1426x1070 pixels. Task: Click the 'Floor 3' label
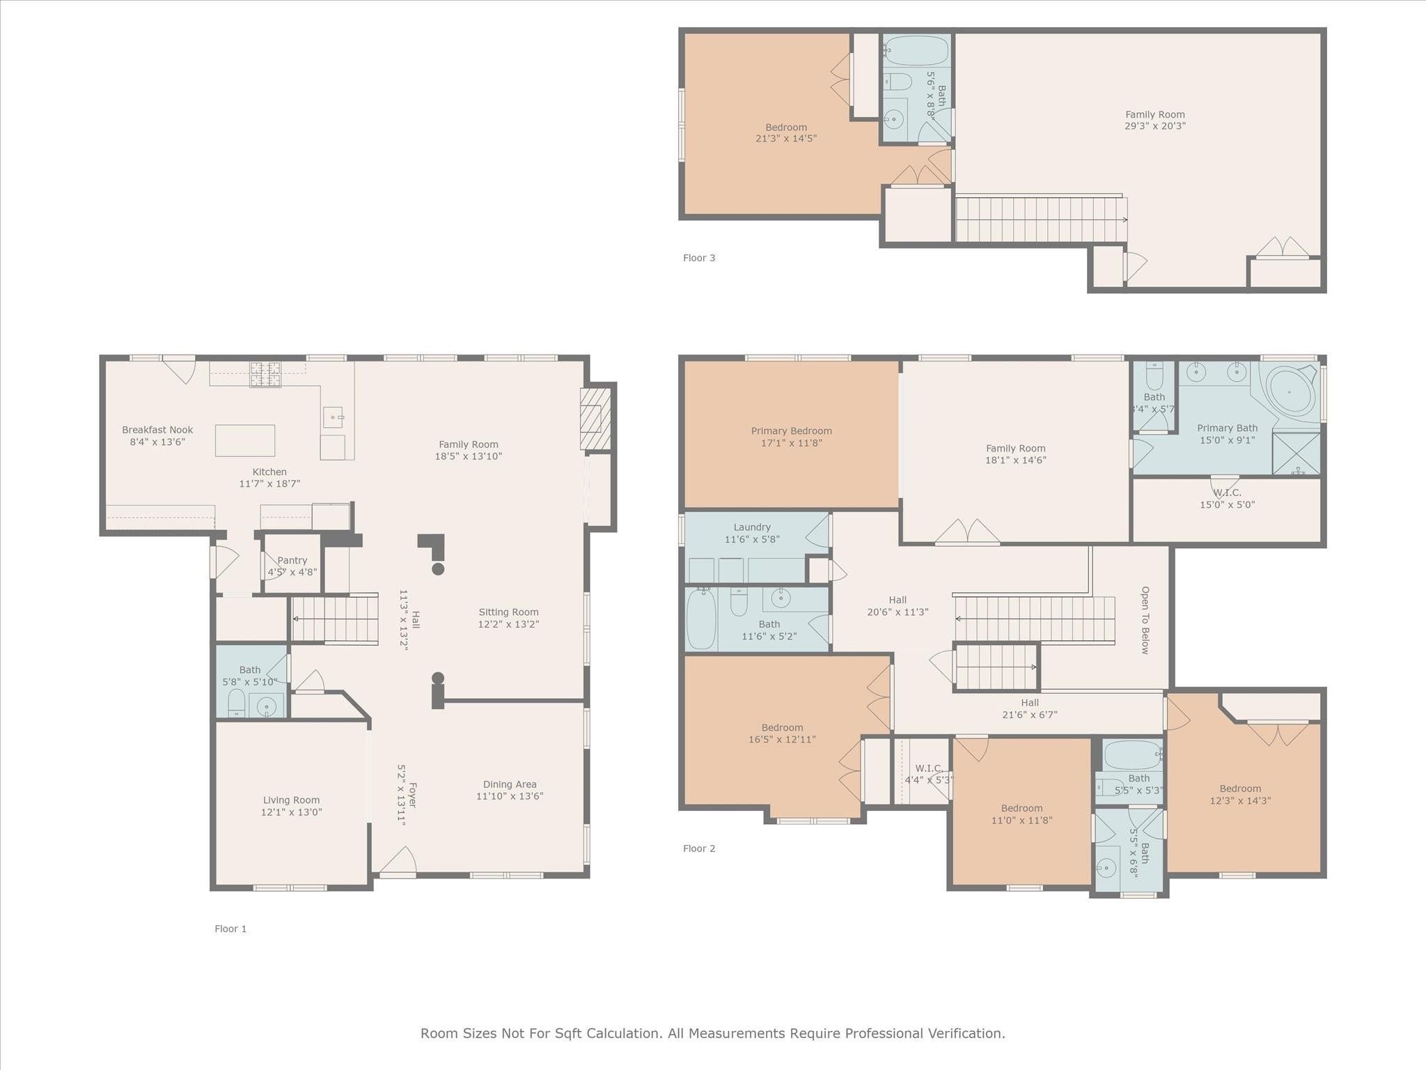click(x=698, y=258)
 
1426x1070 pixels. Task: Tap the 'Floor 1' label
click(x=230, y=929)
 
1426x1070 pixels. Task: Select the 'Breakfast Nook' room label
click(x=157, y=430)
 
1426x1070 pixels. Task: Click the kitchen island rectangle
click(x=245, y=440)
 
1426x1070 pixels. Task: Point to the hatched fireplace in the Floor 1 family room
click(x=595, y=419)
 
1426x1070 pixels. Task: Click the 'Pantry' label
click(x=292, y=560)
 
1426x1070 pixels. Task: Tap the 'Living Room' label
click(x=292, y=800)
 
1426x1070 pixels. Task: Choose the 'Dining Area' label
click(x=510, y=784)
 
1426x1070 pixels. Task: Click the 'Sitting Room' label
click(x=508, y=612)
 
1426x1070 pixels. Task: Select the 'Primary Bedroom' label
click(x=792, y=431)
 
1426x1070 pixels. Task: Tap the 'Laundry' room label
click(x=752, y=527)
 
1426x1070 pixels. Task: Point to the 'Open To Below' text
click(x=1145, y=620)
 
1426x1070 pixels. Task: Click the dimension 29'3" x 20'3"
click(x=1155, y=126)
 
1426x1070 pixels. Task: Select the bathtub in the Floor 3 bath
click(x=916, y=51)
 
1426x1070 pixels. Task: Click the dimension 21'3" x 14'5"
click(x=786, y=139)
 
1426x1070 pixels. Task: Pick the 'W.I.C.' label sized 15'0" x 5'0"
click(x=1227, y=493)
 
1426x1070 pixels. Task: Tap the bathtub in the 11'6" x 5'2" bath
click(x=700, y=619)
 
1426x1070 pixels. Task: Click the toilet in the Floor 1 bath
click(x=237, y=703)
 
